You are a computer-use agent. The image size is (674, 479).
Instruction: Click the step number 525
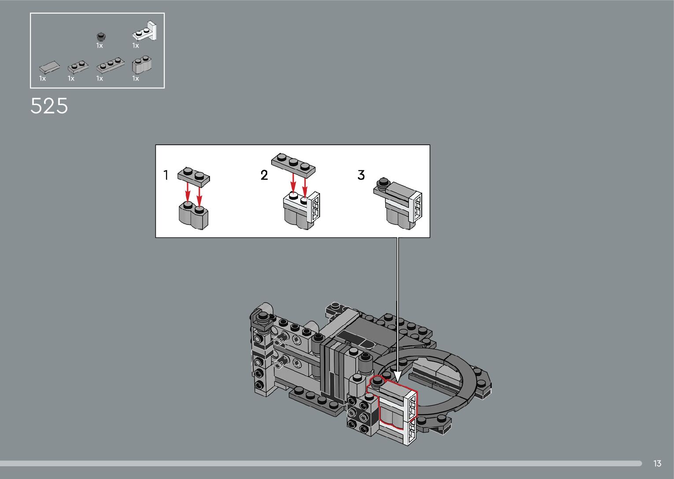pos(49,106)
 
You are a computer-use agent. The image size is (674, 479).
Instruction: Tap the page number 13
pos(657,463)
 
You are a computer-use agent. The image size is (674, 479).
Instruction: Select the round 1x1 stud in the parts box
pos(101,37)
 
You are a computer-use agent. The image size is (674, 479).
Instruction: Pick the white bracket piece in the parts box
pos(145,31)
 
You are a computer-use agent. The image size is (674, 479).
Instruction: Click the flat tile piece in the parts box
pos(49,67)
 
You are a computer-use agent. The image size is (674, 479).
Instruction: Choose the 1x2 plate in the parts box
pos(78,67)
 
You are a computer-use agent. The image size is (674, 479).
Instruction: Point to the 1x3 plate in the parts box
pos(110,65)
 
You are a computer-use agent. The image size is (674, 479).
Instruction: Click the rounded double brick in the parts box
pos(142,65)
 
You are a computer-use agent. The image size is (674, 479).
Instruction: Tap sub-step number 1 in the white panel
pos(166,175)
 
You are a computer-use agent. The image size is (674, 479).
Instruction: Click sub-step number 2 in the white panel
pos(264,175)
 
